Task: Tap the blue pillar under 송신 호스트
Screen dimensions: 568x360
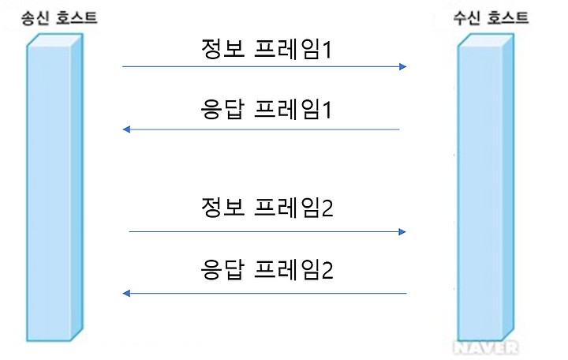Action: [54, 189]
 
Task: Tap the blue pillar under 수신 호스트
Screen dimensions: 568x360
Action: [481, 189]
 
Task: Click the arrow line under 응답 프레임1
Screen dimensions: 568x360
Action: [260, 129]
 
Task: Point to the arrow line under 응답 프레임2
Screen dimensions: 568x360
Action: [264, 294]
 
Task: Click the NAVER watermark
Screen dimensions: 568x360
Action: [486, 347]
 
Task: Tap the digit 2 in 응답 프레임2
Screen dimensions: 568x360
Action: [327, 272]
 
